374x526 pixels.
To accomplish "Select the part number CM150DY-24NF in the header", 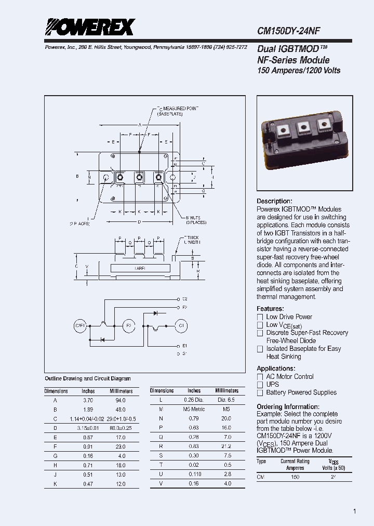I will [296, 31].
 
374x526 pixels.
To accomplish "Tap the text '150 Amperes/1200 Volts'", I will [299, 70].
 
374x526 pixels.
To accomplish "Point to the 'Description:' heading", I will [274, 201].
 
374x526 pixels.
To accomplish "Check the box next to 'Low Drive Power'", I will [260, 317].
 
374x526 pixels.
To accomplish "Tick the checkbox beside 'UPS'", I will [260, 385].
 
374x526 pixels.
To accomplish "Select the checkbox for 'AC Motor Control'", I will [260, 377].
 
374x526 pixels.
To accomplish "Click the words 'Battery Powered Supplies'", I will [301, 392].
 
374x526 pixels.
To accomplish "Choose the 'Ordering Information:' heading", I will [288, 406].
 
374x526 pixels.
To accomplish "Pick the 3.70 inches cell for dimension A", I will [88, 400].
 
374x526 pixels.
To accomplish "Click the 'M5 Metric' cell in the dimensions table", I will [194, 409].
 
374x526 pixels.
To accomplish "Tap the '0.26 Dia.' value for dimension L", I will [194, 400].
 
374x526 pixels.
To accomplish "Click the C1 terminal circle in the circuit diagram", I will [181, 326].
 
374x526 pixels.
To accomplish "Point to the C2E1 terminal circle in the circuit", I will [79, 326].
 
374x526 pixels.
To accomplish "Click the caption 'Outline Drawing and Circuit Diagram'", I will [88, 378].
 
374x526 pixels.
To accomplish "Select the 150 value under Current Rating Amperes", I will [295, 476].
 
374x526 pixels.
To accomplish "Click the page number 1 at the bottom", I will [354, 511].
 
